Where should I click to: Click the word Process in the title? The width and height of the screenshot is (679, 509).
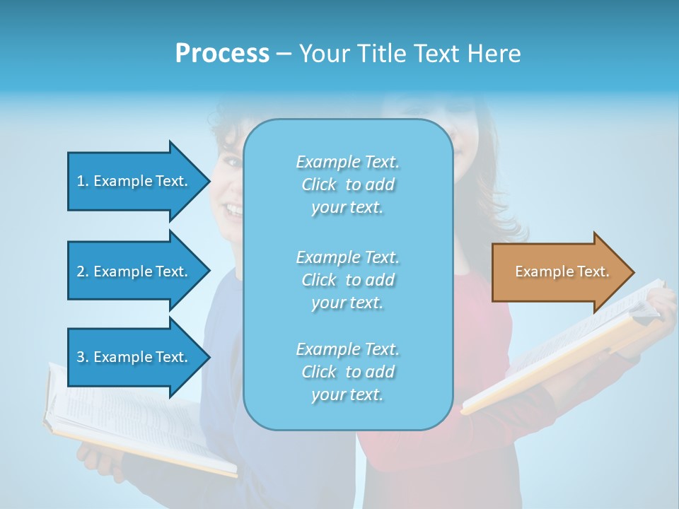[222, 54]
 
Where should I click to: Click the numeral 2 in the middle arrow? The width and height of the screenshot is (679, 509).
[81, 271]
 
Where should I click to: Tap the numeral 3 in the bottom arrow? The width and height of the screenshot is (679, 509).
[81, 357]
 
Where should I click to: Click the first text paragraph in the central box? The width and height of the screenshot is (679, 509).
[347, 185]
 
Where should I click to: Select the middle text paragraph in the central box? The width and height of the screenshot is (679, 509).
[347, 280]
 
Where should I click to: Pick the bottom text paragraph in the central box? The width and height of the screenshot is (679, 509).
[347, 372]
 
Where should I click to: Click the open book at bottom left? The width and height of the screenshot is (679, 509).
[134, 424]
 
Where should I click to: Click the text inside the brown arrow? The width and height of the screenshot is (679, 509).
[562, 271]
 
